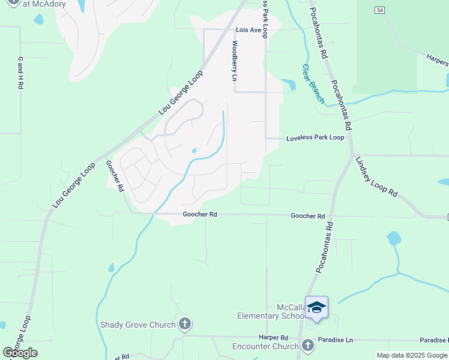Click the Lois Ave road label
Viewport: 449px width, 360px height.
point(248,29)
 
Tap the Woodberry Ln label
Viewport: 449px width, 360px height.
point(235,60)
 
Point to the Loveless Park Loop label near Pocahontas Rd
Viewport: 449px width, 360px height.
point(315,137)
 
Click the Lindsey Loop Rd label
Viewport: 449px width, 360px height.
point(376,178)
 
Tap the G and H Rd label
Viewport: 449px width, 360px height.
point(20,73)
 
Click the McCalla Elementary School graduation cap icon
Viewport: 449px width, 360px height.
point(316,308)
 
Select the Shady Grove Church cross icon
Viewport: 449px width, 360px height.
point(185,325)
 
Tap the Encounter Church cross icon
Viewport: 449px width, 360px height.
point(308,346)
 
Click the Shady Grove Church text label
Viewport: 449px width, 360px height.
point(138,325)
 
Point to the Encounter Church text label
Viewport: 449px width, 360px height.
point(265,346)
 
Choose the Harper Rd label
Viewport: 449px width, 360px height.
point(274,338)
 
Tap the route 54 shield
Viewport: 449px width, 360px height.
point(379,10)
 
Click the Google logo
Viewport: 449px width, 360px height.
point(20,353)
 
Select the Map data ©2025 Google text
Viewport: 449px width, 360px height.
point(412,355)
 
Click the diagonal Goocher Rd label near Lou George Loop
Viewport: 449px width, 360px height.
point(115,175)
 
